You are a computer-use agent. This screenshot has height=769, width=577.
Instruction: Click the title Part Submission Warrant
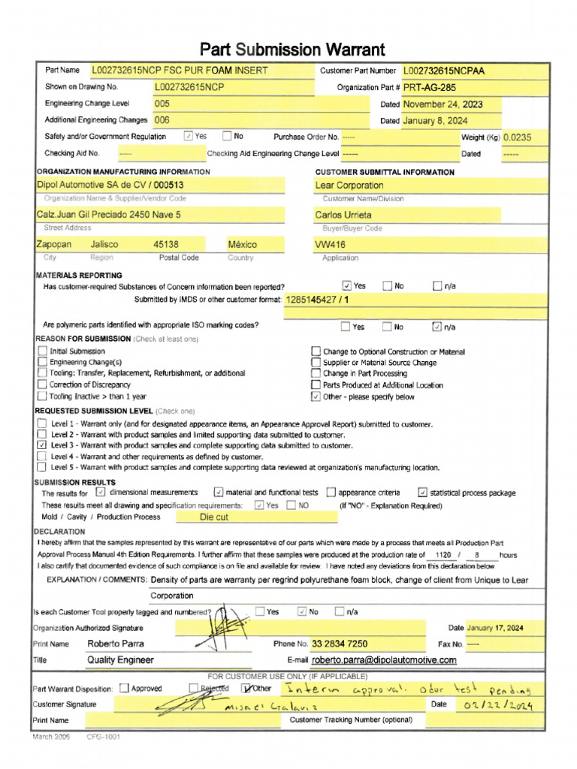292,50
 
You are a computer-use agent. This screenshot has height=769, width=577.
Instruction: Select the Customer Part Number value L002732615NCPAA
444,71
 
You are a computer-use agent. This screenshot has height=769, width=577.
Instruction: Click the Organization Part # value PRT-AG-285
428,88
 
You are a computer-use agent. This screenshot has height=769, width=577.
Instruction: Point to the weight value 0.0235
517,137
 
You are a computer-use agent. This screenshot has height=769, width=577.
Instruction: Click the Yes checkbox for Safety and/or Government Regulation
189,137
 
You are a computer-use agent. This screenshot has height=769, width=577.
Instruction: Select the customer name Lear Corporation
349,185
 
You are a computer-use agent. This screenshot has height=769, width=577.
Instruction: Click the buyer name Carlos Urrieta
343,215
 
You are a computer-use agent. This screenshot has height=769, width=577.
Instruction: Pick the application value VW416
330,245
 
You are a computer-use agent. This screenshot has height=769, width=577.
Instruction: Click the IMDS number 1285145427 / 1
318,300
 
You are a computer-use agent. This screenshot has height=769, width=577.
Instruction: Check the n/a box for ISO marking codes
437,327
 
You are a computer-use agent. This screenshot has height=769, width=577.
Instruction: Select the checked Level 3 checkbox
41,445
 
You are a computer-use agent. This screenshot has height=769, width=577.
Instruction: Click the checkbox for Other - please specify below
316,397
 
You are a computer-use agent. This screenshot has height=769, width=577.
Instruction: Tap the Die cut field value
214,517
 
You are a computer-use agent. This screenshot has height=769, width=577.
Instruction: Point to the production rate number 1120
437,554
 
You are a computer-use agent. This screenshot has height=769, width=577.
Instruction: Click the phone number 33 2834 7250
340,644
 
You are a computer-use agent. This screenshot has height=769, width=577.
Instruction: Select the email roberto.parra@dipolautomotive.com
384,660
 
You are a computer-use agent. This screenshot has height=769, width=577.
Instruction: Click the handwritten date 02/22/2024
492,705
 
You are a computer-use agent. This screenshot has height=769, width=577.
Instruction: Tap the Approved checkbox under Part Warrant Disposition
125,689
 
